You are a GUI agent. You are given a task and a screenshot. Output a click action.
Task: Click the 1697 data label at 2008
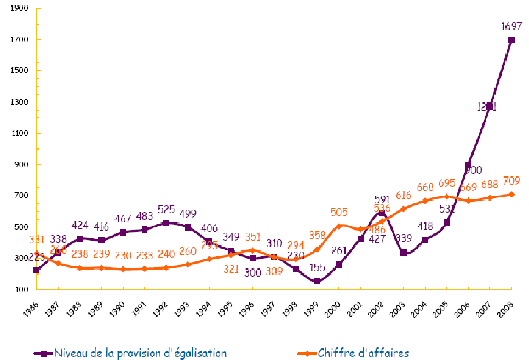click(510, 26)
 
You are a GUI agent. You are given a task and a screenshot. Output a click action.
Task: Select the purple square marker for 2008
click(511, 40)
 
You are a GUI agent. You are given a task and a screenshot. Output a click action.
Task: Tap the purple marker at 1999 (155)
click(317, 281)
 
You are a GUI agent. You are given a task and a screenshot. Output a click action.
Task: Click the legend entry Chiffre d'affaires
click(363, 353)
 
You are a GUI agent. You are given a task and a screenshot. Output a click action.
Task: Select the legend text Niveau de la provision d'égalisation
click(140, 353)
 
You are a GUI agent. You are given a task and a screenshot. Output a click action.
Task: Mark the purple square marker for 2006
click(468, 165)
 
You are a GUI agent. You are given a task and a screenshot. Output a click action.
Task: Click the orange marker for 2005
click(446, 197)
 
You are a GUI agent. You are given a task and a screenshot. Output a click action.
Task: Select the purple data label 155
click(317, 268)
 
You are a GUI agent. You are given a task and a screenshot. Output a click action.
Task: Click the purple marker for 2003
click(403, 253)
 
